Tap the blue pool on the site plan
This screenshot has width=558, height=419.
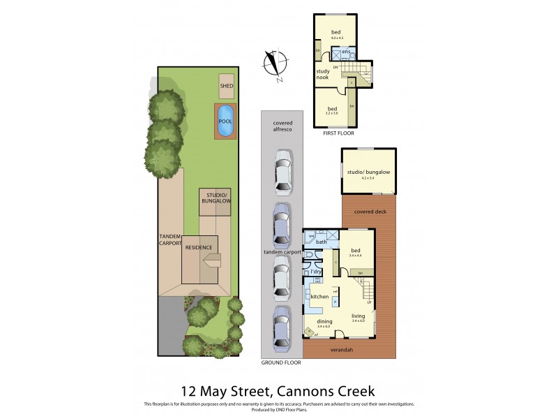225,121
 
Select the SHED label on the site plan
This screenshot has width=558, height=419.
227,87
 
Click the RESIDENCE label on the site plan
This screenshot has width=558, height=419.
199,247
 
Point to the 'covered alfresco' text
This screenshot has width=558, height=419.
282,126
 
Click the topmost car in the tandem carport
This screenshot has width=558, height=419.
282,172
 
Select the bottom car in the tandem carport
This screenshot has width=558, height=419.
282,328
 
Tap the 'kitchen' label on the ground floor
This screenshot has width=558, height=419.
319,297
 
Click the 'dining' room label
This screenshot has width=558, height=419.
323,321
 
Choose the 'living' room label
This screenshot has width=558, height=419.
359,316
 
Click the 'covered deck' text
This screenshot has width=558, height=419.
369,212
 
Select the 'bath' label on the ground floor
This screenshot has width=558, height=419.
322,242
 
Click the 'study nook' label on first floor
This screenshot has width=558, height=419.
322,74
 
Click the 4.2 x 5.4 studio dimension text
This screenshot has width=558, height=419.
368,178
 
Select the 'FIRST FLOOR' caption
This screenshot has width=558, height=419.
338,133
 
